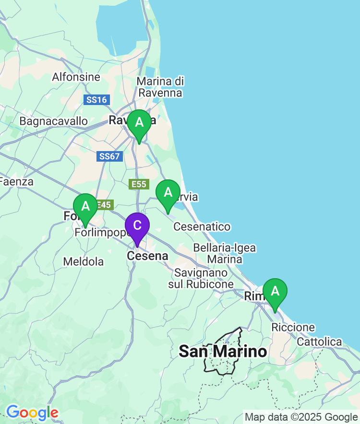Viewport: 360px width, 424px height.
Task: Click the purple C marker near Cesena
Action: coord(137,225)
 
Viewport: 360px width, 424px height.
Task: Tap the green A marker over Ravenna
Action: coord(139,122)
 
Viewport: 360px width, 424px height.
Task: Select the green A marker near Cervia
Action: coord(168,192)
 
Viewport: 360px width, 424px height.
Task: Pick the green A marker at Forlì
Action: coord(85,206)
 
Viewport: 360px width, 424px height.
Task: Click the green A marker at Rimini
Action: coord(275,291)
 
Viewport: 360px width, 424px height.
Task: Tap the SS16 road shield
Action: coord(96,100)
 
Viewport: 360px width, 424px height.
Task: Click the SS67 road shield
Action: coord(109,156)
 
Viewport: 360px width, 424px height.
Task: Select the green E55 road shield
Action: coord(139,184)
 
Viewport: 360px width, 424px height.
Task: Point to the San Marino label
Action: coord(223,352)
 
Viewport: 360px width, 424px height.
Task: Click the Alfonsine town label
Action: coord(76,77)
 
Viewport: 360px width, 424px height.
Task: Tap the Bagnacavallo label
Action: coord(53,121)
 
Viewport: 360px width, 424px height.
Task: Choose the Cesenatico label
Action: coord(202,226)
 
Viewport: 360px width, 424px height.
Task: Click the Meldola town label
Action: coord(84,262)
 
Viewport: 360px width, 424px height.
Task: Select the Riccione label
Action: coord(293,328)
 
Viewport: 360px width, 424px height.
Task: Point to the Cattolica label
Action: coord(319,342)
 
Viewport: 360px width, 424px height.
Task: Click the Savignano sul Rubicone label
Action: coord(201,278)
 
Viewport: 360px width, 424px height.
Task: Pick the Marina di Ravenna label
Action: coord(160,87)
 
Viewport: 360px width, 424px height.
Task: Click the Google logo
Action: coord(32,412)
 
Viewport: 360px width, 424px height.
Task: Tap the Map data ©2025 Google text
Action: coord(301,417)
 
